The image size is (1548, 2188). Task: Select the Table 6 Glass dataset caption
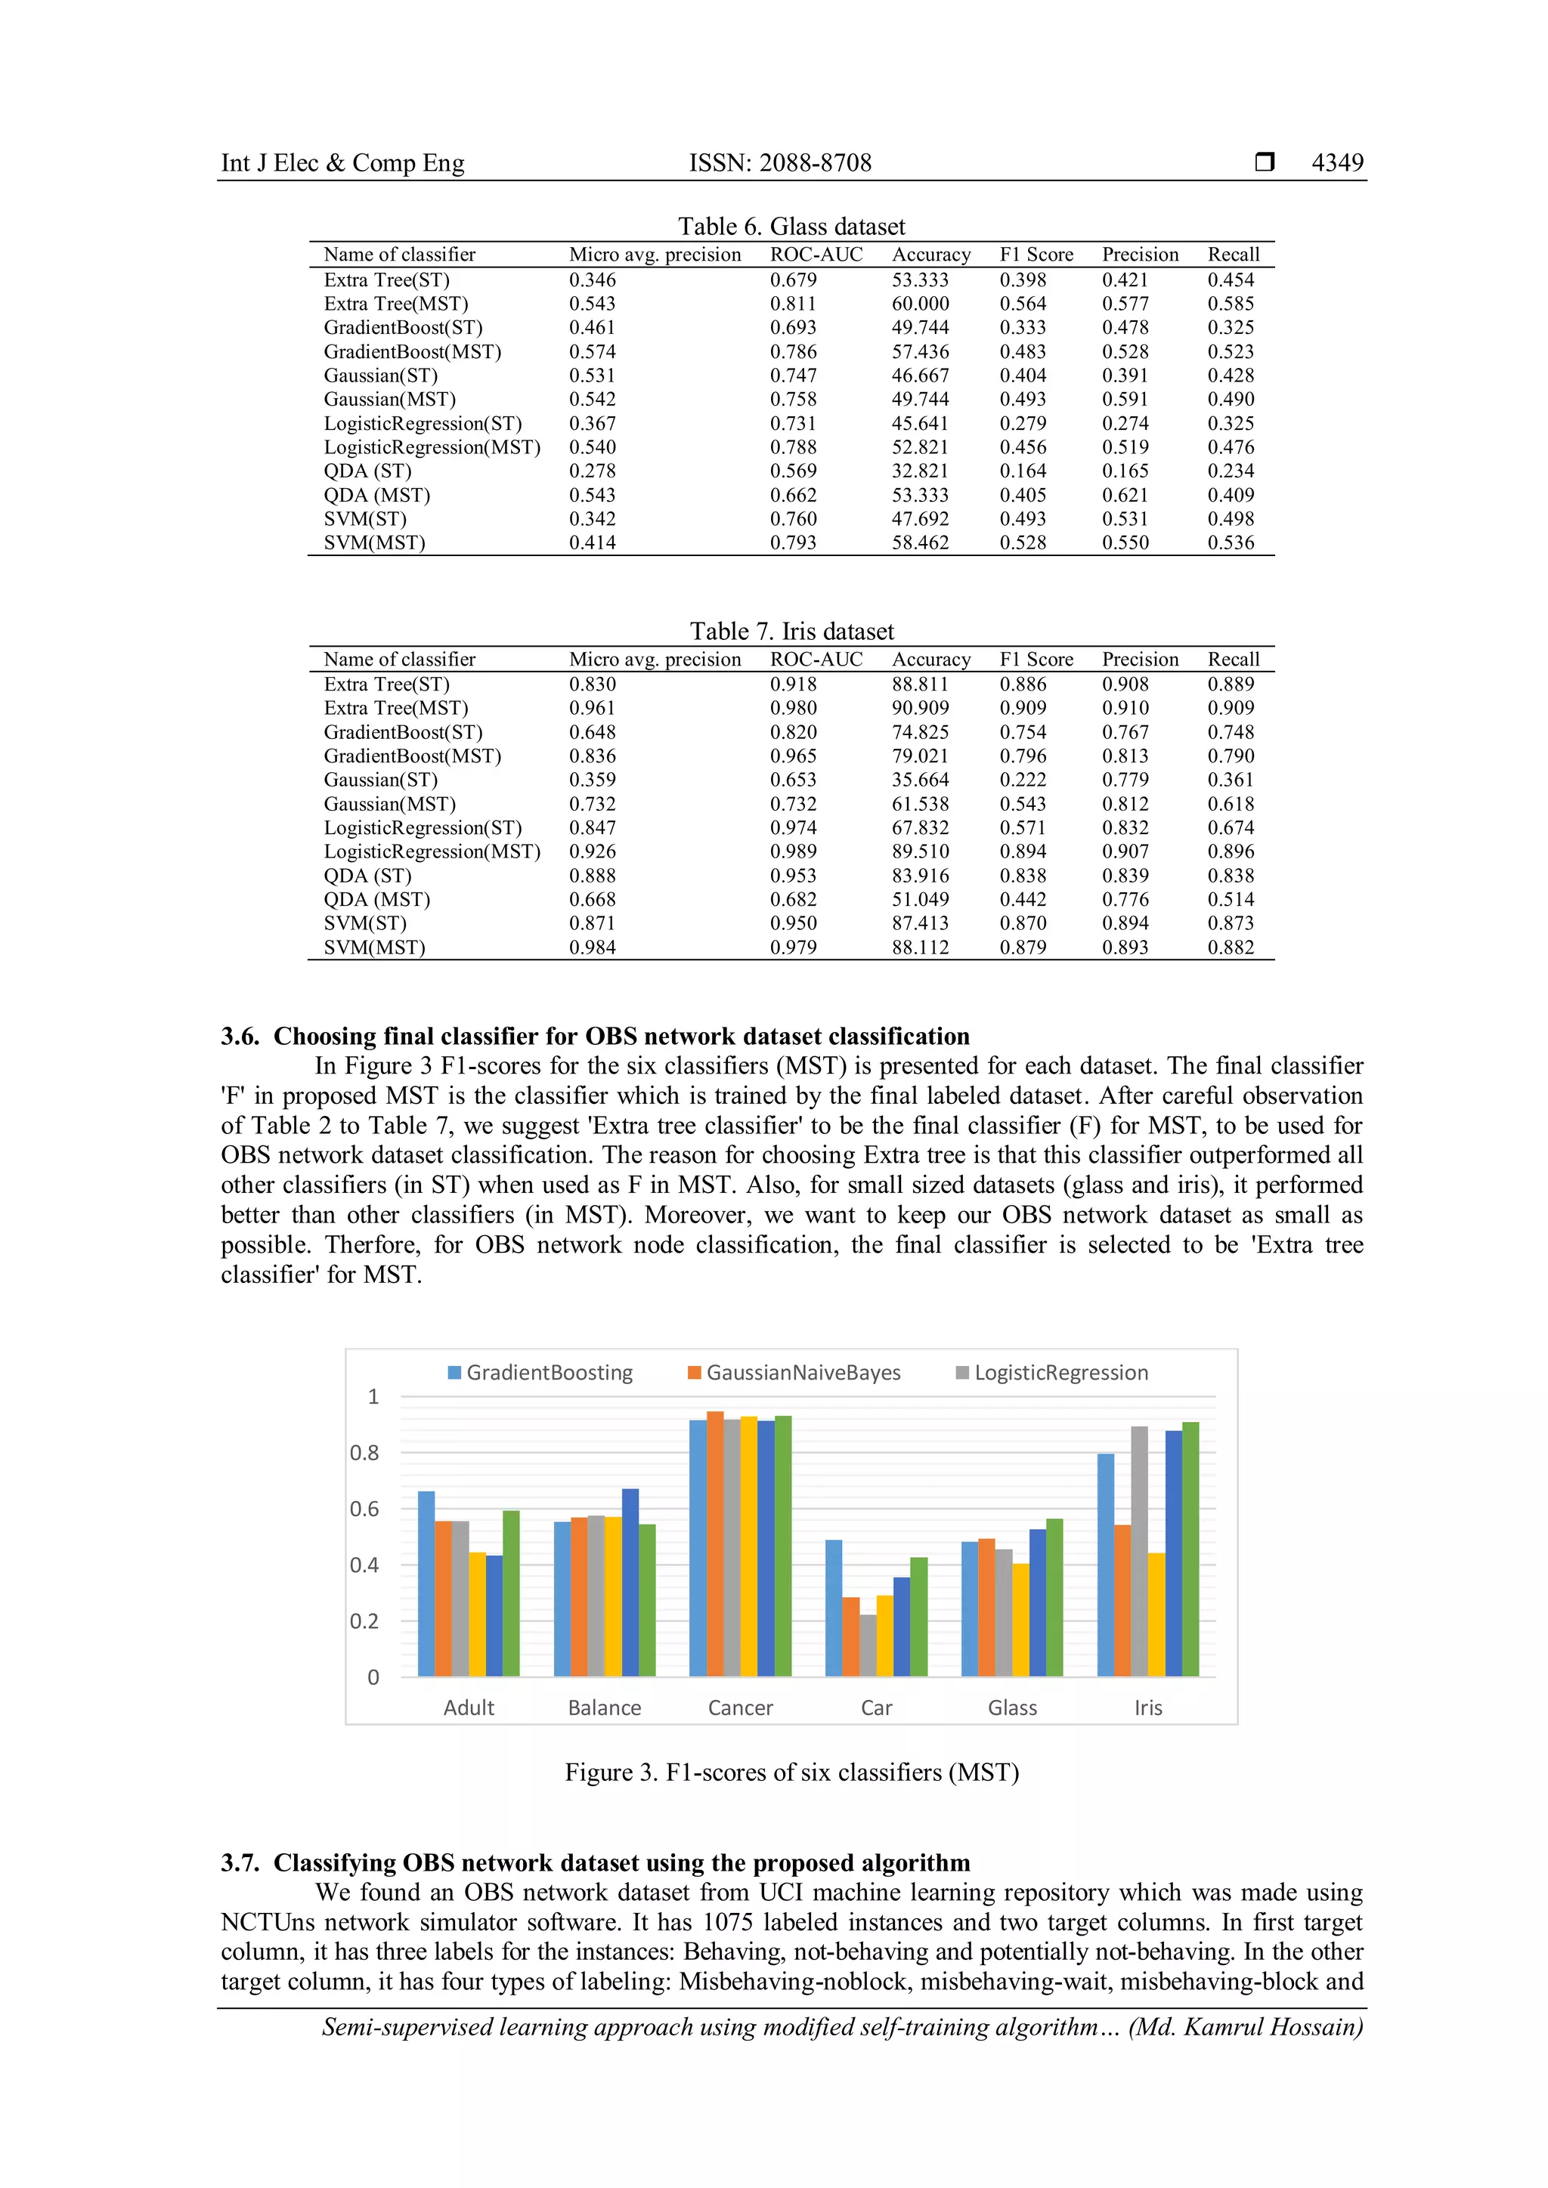[791, 226]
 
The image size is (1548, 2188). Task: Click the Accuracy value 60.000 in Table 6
[920, 304]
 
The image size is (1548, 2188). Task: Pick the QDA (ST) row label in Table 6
[367, 471]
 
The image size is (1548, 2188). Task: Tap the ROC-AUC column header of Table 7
[816, 660]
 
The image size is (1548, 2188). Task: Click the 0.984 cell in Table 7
[592, 947]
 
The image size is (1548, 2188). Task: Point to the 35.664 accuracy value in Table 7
[920, 780]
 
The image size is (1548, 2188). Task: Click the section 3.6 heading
[595, 1036]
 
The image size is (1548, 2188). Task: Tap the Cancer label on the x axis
[740, 1707]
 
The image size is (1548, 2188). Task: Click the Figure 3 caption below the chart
[791, 1772]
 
